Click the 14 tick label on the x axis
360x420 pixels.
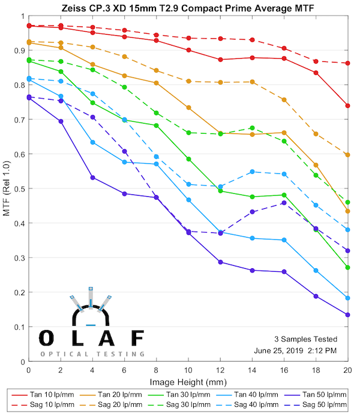(x=252, y=373)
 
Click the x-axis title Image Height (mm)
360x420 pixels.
(x=188, y=383)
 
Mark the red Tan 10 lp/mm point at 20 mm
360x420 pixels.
(x=348, y=106)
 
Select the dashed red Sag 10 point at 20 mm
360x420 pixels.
(x=348, y=63)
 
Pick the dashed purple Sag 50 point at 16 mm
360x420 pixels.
(x=284, y=203)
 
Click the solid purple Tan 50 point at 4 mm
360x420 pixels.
(x=92, y=178)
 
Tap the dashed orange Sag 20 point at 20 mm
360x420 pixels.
(x=348, y=155)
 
